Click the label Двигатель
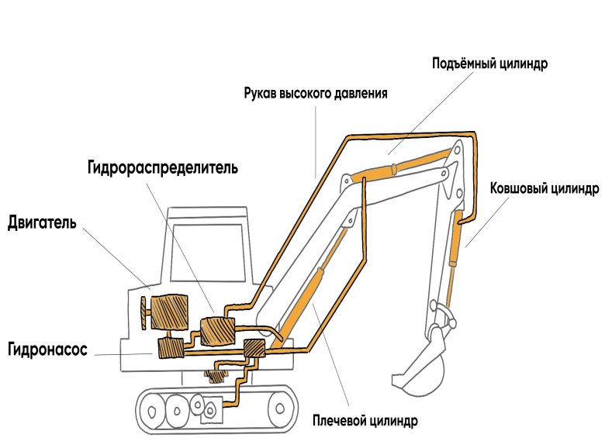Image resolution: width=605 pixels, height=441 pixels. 42,223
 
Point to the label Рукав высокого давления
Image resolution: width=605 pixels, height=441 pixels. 315,93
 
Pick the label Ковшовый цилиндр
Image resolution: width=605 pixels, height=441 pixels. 544,188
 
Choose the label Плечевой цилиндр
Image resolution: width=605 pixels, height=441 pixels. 365,421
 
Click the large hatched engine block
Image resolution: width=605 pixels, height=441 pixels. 170,312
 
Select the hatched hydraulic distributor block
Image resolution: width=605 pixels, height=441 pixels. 216,331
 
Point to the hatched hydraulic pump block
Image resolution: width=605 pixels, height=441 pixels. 170,349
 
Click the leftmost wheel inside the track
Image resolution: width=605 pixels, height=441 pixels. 154,404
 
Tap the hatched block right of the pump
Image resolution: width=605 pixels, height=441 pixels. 254,350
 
